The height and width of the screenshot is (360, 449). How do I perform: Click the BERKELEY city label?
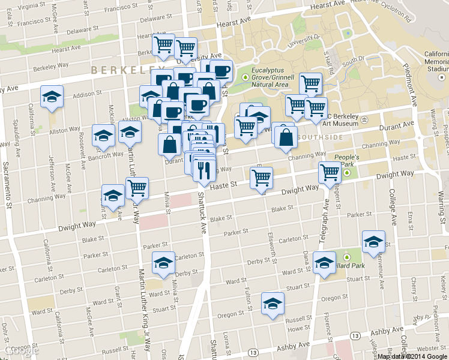119,70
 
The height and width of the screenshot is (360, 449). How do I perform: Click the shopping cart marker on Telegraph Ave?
330,173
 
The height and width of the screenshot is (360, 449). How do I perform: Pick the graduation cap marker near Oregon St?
273,304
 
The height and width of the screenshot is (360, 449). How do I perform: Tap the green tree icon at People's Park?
348,173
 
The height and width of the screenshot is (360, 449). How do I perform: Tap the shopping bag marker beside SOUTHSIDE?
287,137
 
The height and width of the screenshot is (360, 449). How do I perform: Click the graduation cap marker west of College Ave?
374,242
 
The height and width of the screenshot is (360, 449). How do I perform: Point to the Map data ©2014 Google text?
412,356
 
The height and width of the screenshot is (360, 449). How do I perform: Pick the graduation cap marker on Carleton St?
163,263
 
